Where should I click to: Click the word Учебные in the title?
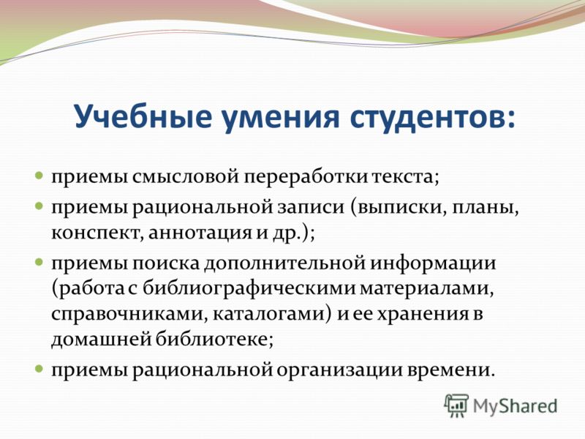tap(143, 116)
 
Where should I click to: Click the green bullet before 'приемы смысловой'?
tap(39, 174)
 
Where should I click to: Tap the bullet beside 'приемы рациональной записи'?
tap(39, 206)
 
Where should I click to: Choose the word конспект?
tap(96, 234)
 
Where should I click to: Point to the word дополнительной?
tap(284, 264)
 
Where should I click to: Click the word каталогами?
tap(269, 314)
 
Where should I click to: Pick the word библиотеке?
tap(211, 339)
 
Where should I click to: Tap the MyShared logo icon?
tap(456, 406)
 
